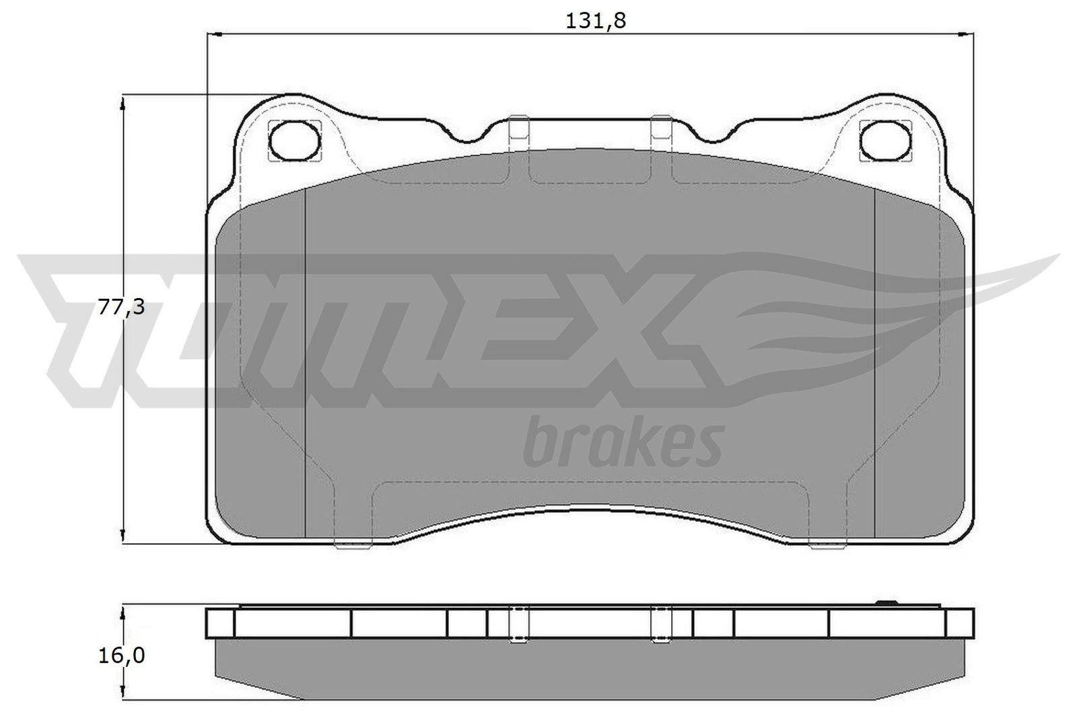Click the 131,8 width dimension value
point(596,21)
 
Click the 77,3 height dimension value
point(120,307)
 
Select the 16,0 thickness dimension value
point(121,655)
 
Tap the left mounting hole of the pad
point(295,141)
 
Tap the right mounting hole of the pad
point(886,141)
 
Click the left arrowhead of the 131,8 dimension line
point(214,34)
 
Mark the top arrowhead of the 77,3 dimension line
point(123,102)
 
